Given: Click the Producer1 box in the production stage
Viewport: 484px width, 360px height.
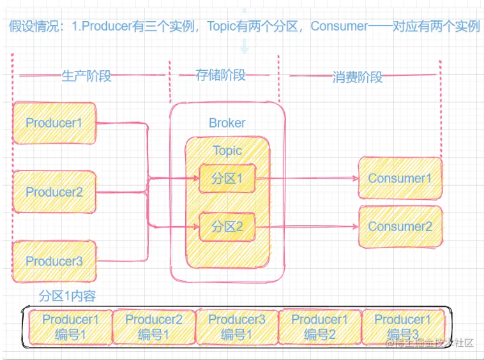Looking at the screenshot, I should pos(54,123).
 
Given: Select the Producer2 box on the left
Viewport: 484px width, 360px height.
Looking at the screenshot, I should pos(54,191).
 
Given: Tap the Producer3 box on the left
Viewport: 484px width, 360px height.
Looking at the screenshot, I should pos(54,261).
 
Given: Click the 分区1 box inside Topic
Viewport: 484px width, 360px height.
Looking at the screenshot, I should pos(227,179).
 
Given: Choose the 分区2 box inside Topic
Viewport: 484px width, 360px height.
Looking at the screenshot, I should pos(227,227).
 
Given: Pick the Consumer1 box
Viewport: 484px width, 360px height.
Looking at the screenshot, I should pos(400,179).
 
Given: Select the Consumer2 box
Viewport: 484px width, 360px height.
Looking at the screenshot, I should pos(400,227).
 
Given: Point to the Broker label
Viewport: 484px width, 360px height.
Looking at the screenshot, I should pos(227,123).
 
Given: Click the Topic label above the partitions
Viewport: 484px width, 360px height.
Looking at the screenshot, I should pos(227,151).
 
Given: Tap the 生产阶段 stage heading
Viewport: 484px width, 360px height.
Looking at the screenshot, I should pos(86,76).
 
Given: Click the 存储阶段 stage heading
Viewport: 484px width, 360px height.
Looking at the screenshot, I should pos(220,75).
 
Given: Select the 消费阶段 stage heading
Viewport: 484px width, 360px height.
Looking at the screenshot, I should pos(358,77).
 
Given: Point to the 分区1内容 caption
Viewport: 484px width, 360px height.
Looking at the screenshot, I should pos(67,296).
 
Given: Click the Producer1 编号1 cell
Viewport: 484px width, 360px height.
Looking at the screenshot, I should pos(70,327).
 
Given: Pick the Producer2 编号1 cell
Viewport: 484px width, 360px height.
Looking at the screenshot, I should pos(153,327).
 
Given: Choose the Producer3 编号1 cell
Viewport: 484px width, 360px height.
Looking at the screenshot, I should pos(236,327).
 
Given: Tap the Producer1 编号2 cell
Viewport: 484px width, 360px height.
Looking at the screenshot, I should pos(319,327).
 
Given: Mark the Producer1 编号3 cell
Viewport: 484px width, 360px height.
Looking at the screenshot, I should pos(402,327).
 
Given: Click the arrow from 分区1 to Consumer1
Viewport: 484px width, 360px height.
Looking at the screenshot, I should pos(306,179).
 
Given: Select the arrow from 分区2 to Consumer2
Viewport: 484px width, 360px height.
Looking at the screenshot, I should pos(306,227).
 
